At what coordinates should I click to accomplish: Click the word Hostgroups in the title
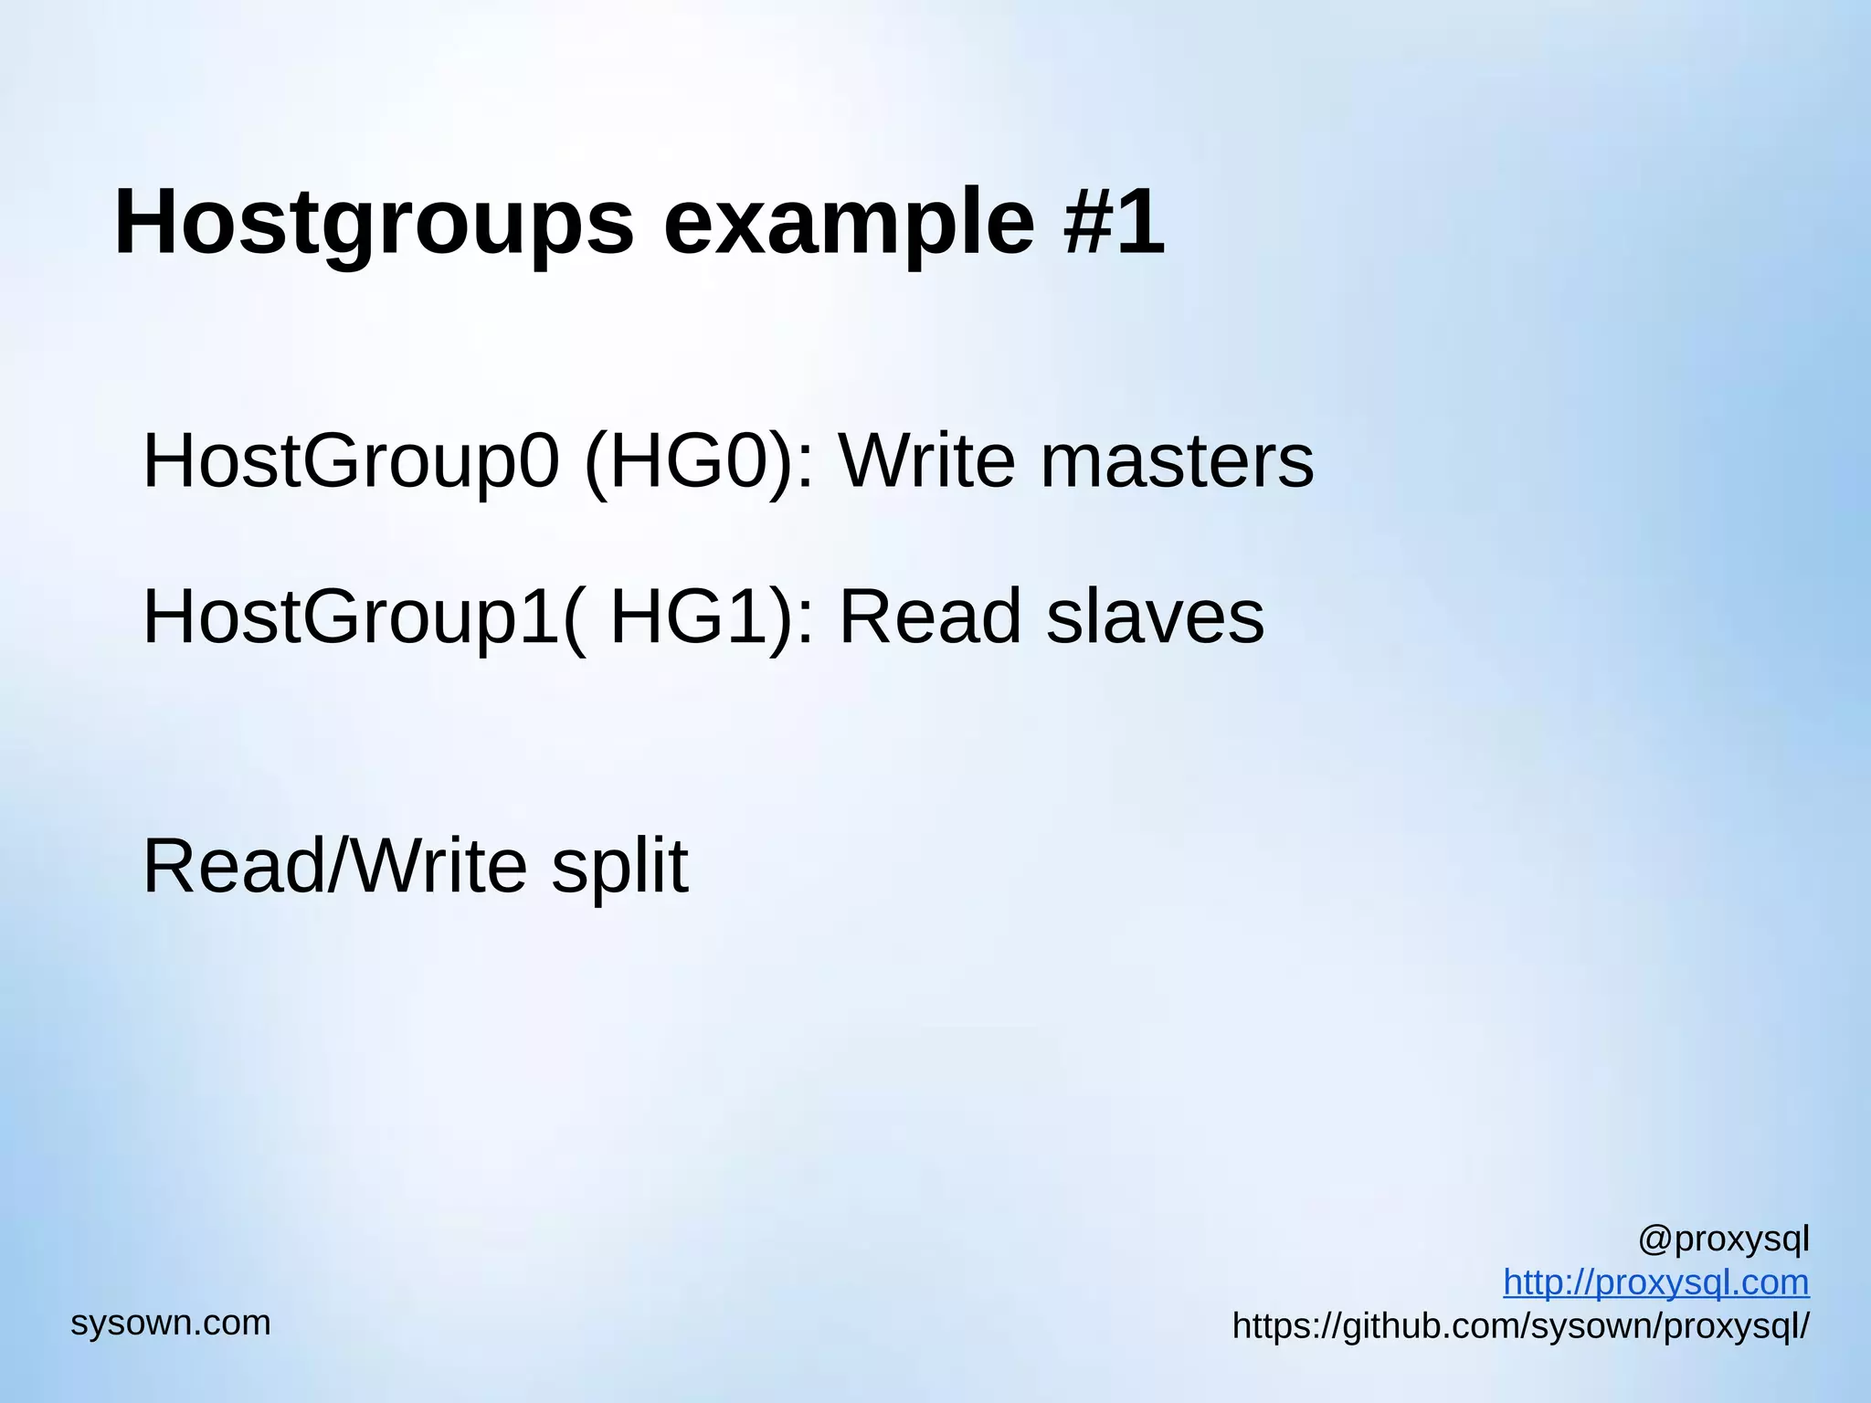[x=374, y=223]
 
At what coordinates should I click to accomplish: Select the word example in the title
[x=849, y=223]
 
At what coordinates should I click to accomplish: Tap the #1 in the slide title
[x=1114, y=221]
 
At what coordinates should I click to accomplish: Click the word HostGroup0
[x=351, y=461]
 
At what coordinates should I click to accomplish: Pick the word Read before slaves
[x=929, y=617]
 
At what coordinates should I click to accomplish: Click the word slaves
[x=1155, y=617]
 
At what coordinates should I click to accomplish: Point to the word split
[x=619, y=867]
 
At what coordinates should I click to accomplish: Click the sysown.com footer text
[x=171, y=1323]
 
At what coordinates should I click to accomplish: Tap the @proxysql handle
[x=1723, y=1239]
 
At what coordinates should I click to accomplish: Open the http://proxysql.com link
[x=1655, y=1282]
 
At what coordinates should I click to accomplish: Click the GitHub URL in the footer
[x=1520, y=1325]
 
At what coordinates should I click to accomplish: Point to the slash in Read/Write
[x=339, y=865]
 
